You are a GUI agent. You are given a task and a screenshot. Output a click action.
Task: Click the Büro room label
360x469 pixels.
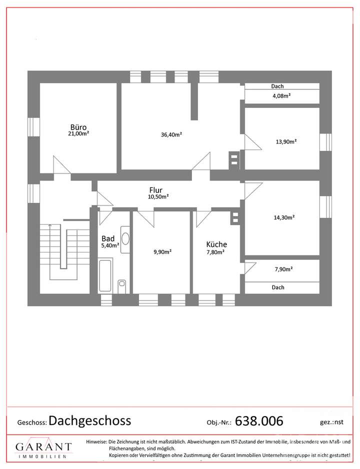(79, 126)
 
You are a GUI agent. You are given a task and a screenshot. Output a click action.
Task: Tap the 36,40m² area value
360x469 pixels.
(171, 134)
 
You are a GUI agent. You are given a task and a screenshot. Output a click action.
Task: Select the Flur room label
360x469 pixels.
(156, 190)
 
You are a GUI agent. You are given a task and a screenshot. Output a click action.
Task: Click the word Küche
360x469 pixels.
(216, 244)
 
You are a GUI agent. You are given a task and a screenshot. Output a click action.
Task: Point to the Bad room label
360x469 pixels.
(107, 238)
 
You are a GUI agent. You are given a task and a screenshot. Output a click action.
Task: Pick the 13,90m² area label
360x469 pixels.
(286, 141)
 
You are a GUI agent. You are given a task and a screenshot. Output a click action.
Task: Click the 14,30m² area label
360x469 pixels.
(284, 217)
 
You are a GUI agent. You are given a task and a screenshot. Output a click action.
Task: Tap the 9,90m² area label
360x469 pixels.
(162, 251)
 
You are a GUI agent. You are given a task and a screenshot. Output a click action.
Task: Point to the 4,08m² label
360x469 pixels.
(282, 95)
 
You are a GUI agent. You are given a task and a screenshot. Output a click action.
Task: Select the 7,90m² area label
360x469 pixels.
(283, 269)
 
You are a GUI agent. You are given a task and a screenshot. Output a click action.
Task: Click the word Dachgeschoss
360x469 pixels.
(90, 420)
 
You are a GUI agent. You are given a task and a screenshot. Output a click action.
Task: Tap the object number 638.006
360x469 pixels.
(258, 420)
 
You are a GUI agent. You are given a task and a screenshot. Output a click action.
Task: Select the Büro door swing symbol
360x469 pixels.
(62, 165)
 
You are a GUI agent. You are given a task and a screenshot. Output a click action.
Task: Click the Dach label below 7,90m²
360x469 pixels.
(278, 287)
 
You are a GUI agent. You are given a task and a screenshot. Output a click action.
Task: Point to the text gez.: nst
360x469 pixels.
(331, 422)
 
